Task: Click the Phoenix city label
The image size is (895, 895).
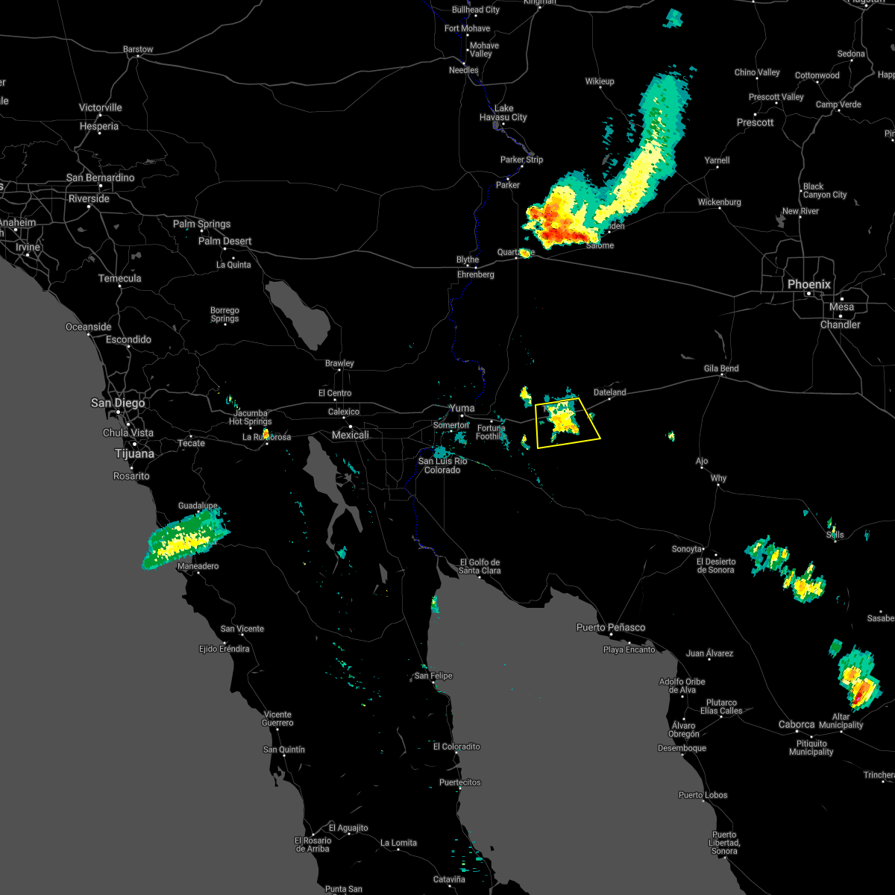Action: [x=808, y=284]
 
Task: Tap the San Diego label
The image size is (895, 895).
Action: [x=118, y=403]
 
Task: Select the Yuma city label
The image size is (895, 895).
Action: [x=462, y=408]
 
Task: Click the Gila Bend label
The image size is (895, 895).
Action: [x=720, y=368]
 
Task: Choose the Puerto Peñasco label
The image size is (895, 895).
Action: [x=611, y=627]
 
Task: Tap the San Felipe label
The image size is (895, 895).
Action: [x=433, y=676]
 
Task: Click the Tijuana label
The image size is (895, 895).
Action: [x=134, y=453]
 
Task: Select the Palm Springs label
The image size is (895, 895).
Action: [x=201, y=224]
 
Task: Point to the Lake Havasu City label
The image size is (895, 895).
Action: [x=503, y=113]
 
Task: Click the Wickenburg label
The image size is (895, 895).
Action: [x=719, y=202]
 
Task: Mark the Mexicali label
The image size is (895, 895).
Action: [x=350, y=435]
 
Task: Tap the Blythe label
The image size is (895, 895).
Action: [x=468, y=260]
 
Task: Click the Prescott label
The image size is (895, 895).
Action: [x=755, y=122]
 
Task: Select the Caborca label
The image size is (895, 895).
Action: [x=797, y=724]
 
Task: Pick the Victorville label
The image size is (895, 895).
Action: [x=100, y=107]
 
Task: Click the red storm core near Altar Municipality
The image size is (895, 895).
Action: [x=858, y=696]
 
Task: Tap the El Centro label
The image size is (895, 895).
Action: [x=334, y=393]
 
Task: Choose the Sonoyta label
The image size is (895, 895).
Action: [x=687, y=549]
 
